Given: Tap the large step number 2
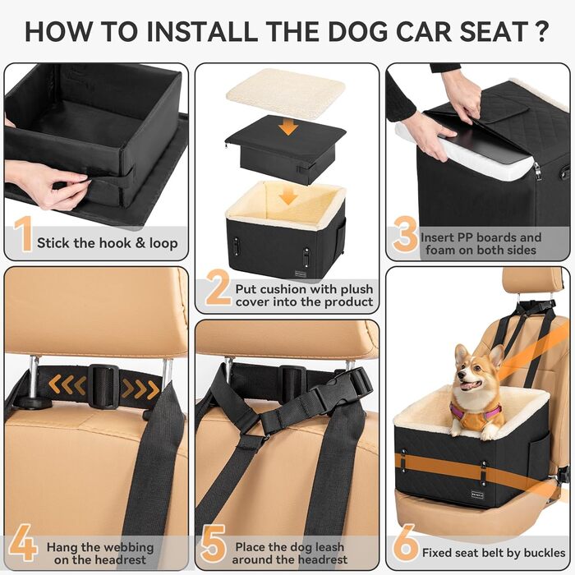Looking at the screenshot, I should click(217, 290).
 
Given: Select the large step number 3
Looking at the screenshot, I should click(405, 235).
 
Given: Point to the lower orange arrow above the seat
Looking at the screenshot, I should click(285, 197).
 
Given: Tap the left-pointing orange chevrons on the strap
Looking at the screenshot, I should click(67, 384).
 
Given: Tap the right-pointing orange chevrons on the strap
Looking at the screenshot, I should click(140, 387).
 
